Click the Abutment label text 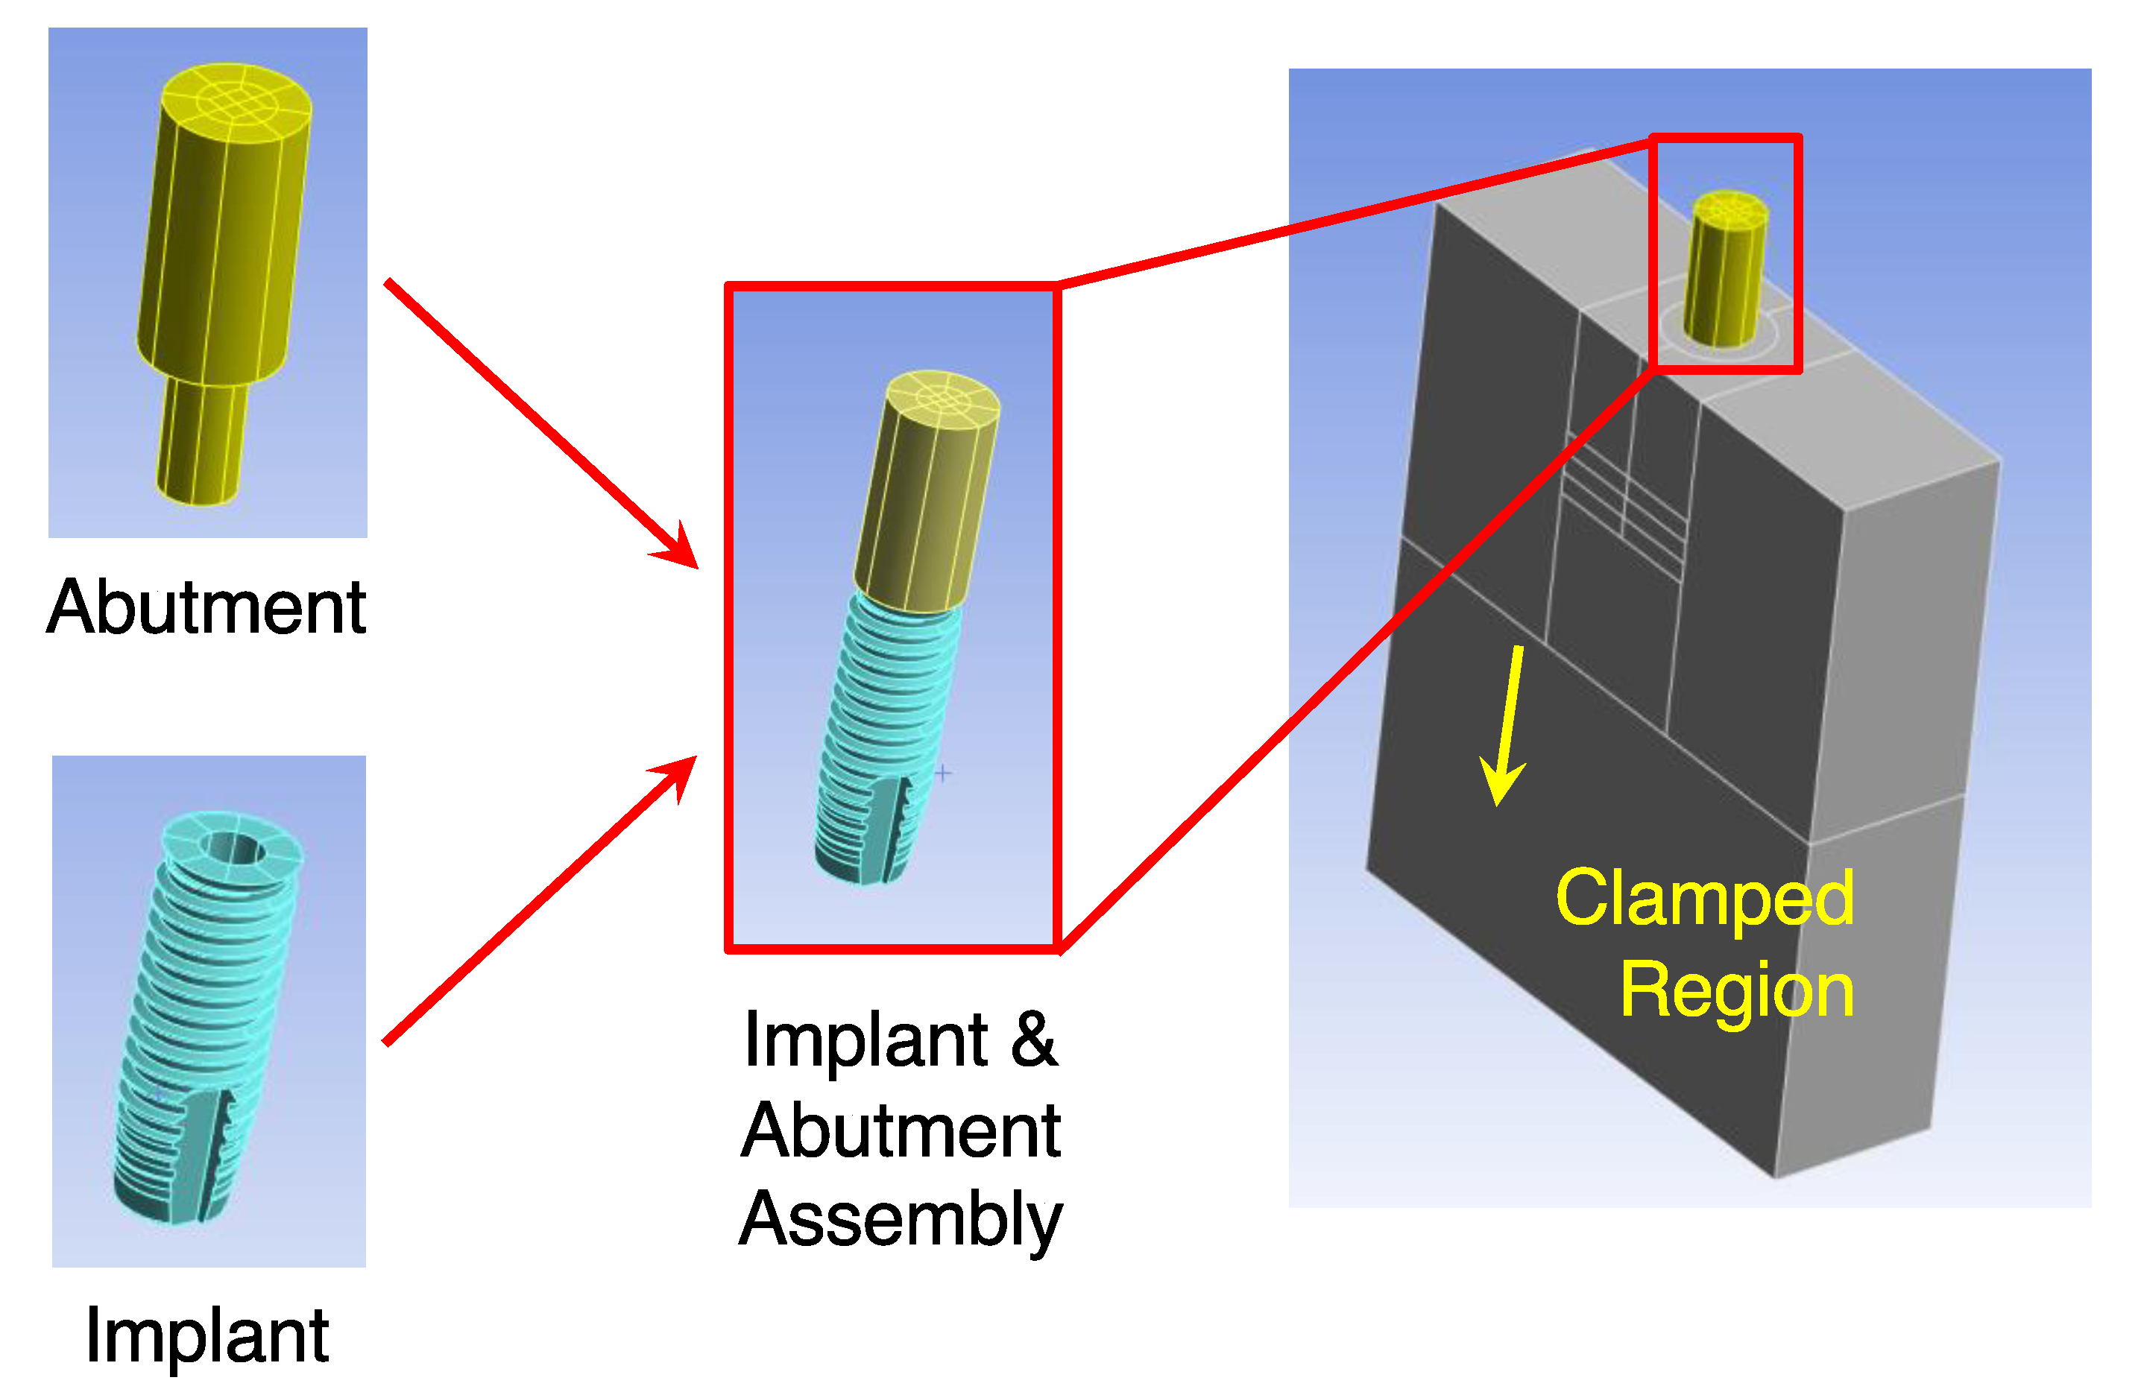point(206,609)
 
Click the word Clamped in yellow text point(1705,899)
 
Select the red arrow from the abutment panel point(540,423)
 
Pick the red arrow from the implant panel point(540,899)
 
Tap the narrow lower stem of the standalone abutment point(201,440)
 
